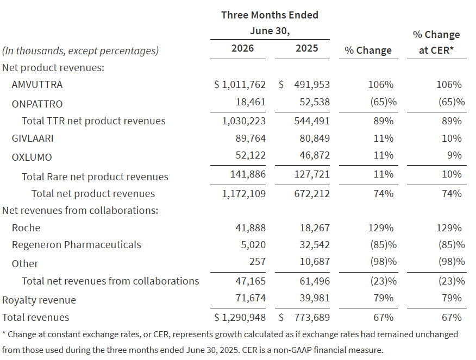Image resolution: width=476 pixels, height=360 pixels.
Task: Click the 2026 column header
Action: [x=242, y=48]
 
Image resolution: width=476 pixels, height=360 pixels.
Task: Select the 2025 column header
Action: [x=306, y=48]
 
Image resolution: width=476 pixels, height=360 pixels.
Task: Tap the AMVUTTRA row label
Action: [x=37, y=85]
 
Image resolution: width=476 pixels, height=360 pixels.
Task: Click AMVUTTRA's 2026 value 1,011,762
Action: [x=244, y=85]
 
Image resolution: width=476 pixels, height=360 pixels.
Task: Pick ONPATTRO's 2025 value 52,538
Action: [x=315, y=102]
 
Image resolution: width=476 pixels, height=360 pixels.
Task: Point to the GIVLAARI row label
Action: [x=33, y=138]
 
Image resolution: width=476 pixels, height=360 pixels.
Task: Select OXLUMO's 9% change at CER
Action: [x=454, y=155]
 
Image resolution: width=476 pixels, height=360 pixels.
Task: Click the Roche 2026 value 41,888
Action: [x=250, y=228]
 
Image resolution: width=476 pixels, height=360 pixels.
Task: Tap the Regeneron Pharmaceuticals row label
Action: [x=77, y=245]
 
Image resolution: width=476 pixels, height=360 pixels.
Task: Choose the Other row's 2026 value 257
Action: [x=258, y=261]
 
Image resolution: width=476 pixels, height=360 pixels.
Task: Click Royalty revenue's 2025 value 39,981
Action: [x=315, y=298]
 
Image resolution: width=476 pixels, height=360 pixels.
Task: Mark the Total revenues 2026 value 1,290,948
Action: [x=244, y=318]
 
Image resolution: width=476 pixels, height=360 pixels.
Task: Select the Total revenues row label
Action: [x=35, y=318]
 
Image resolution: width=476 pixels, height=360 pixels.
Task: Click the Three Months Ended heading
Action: [x=270, y=15]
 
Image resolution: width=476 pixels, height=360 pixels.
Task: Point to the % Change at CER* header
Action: [x=436, y=42]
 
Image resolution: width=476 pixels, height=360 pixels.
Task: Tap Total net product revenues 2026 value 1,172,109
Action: [x=244, y=194]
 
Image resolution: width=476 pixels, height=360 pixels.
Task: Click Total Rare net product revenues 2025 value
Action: [x=312, y=174]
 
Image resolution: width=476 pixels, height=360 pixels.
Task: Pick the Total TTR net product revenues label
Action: [x=93, y=121]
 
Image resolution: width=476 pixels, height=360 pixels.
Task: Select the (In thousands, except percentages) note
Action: [x=80, y=50]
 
